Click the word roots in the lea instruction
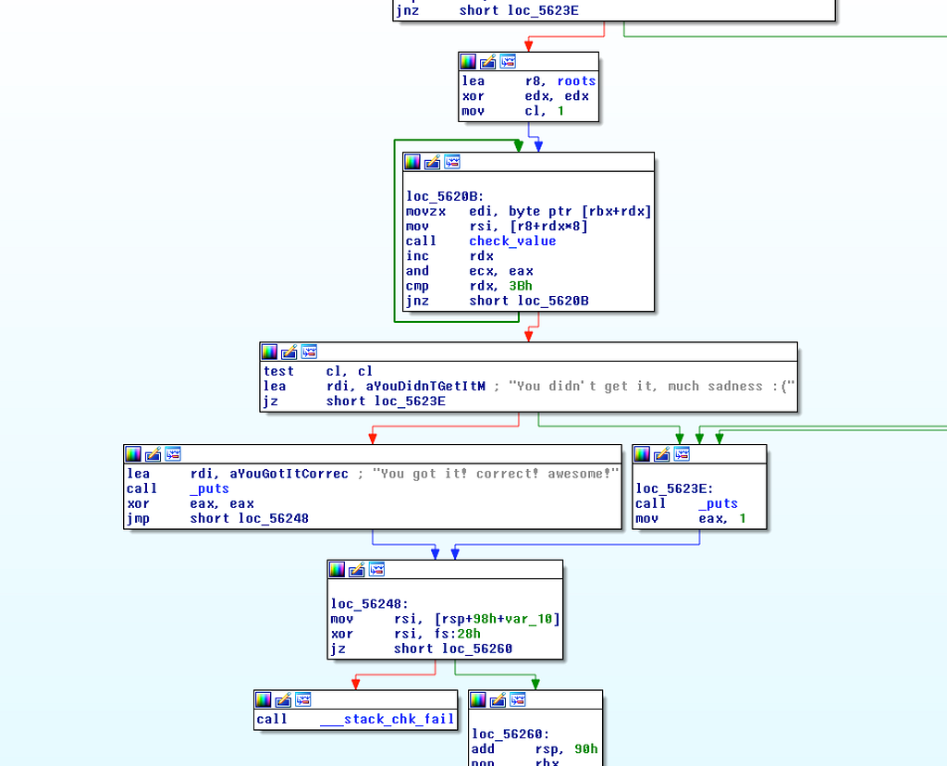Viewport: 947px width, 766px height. [x=576, y=81]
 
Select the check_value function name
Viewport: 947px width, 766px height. [x=512, y=241]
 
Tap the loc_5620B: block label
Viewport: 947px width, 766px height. [x=445, y=196]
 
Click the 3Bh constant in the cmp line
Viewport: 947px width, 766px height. [x=520, y=286]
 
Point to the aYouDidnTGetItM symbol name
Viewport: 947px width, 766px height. [x=405, y=386]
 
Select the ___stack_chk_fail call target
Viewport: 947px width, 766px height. [x=387, y=719]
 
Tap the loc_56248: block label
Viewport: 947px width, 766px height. [x=369, y=604]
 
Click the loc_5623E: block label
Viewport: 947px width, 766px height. [x=674, y=488]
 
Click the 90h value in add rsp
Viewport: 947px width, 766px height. [x=585, y=749]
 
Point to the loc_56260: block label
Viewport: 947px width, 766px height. [x=510, y=734]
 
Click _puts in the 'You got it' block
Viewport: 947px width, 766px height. [x=210, y=488]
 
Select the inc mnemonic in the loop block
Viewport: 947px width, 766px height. [x=417, y=256]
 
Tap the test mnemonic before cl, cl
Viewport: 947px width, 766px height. [x=278, y=371]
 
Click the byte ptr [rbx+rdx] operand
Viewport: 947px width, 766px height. [x=580, y=212]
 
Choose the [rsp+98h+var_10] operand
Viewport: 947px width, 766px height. [x=497, y=619]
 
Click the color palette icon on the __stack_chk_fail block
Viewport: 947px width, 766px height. [x=264, y=699]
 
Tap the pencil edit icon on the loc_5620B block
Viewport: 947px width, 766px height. [x=432, y=162]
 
